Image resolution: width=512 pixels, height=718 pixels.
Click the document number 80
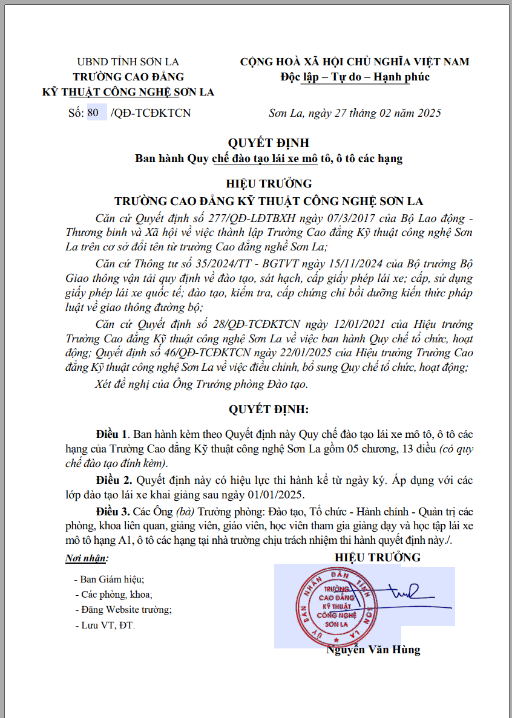click(93, 113)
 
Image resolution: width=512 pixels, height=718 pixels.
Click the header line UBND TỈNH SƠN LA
click(128, 62)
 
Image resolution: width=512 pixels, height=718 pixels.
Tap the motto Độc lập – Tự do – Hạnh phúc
click(355, 77)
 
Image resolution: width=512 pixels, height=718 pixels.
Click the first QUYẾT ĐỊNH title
click(268, 143)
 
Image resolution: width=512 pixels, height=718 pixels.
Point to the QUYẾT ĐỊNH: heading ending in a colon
click(268, 410)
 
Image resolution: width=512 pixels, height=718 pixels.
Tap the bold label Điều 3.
click(113, 511)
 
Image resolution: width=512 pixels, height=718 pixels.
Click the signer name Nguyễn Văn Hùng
click(373, 650)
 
